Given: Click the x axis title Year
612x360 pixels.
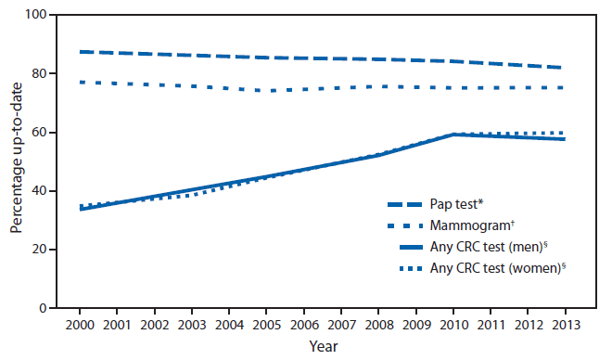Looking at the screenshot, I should [323, 347].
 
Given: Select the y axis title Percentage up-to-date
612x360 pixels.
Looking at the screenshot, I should [17, 161].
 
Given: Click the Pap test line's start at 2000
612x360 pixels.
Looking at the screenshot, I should [81, 52].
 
